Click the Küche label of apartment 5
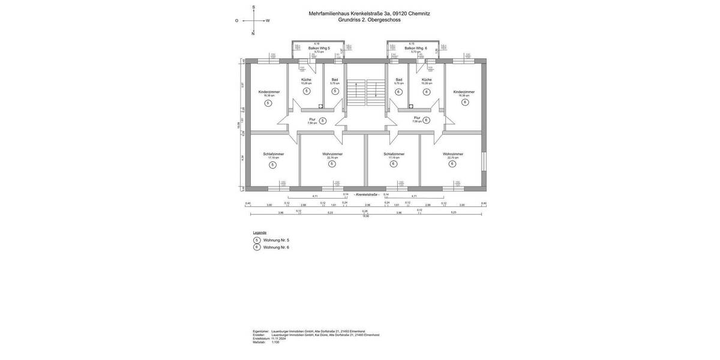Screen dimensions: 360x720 (306, 80)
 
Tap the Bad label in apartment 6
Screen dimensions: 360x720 (398, 80)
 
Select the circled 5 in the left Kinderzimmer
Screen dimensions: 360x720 (268, 103)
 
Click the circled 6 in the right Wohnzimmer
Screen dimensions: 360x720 (452, 164)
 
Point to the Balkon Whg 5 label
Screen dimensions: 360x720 (319, 48)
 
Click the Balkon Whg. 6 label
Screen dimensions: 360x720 (415, 48)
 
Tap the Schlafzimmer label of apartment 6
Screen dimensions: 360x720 (394, 154)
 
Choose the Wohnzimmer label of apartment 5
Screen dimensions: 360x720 (332, 154)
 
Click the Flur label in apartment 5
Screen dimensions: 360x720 (312, 119)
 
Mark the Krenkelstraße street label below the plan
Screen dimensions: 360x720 (367, 195)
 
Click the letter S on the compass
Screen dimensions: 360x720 (253, 7)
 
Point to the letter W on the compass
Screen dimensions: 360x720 (268, 20)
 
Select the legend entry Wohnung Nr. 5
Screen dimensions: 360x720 (276, 240)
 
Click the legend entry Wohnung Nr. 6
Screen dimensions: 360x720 (276, 247)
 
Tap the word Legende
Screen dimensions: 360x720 (259, 232)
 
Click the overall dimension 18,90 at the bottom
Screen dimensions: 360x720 (365, 216)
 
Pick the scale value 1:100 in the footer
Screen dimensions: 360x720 (275, 342)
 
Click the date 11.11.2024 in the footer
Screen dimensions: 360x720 (278, 338)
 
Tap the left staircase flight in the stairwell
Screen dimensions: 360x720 (356, 93)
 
